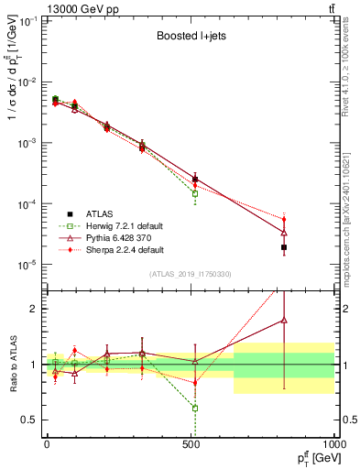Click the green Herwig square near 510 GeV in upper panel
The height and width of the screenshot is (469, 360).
(x=194, y=193)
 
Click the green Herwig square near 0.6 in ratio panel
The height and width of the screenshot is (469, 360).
(x=194, y=408)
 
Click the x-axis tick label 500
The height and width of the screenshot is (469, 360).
(x=191, y=442)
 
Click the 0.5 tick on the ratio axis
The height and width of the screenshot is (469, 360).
(x=32, y=420)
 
